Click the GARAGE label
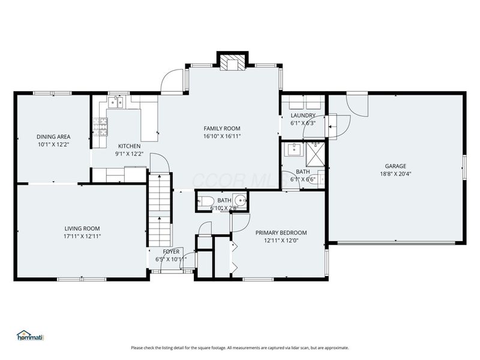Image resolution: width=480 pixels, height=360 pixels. coord(395,166)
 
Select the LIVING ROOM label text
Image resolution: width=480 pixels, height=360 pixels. coord(82,228)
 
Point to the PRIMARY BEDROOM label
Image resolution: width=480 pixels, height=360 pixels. coord(281,233)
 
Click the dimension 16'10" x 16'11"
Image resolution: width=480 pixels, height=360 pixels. coord(221,136)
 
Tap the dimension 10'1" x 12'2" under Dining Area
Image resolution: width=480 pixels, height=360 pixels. coord(53,145)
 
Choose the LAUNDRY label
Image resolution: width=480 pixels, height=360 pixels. coord(303,115)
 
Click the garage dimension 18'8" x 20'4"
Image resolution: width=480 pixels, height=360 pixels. coord(395,175)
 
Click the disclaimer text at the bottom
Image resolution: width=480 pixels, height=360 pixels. coord(239,347)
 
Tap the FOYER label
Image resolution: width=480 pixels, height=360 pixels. coord(171,251)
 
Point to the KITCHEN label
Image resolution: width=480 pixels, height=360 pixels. coord(129,146)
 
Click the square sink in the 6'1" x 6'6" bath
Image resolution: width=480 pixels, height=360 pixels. coord(294,149)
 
